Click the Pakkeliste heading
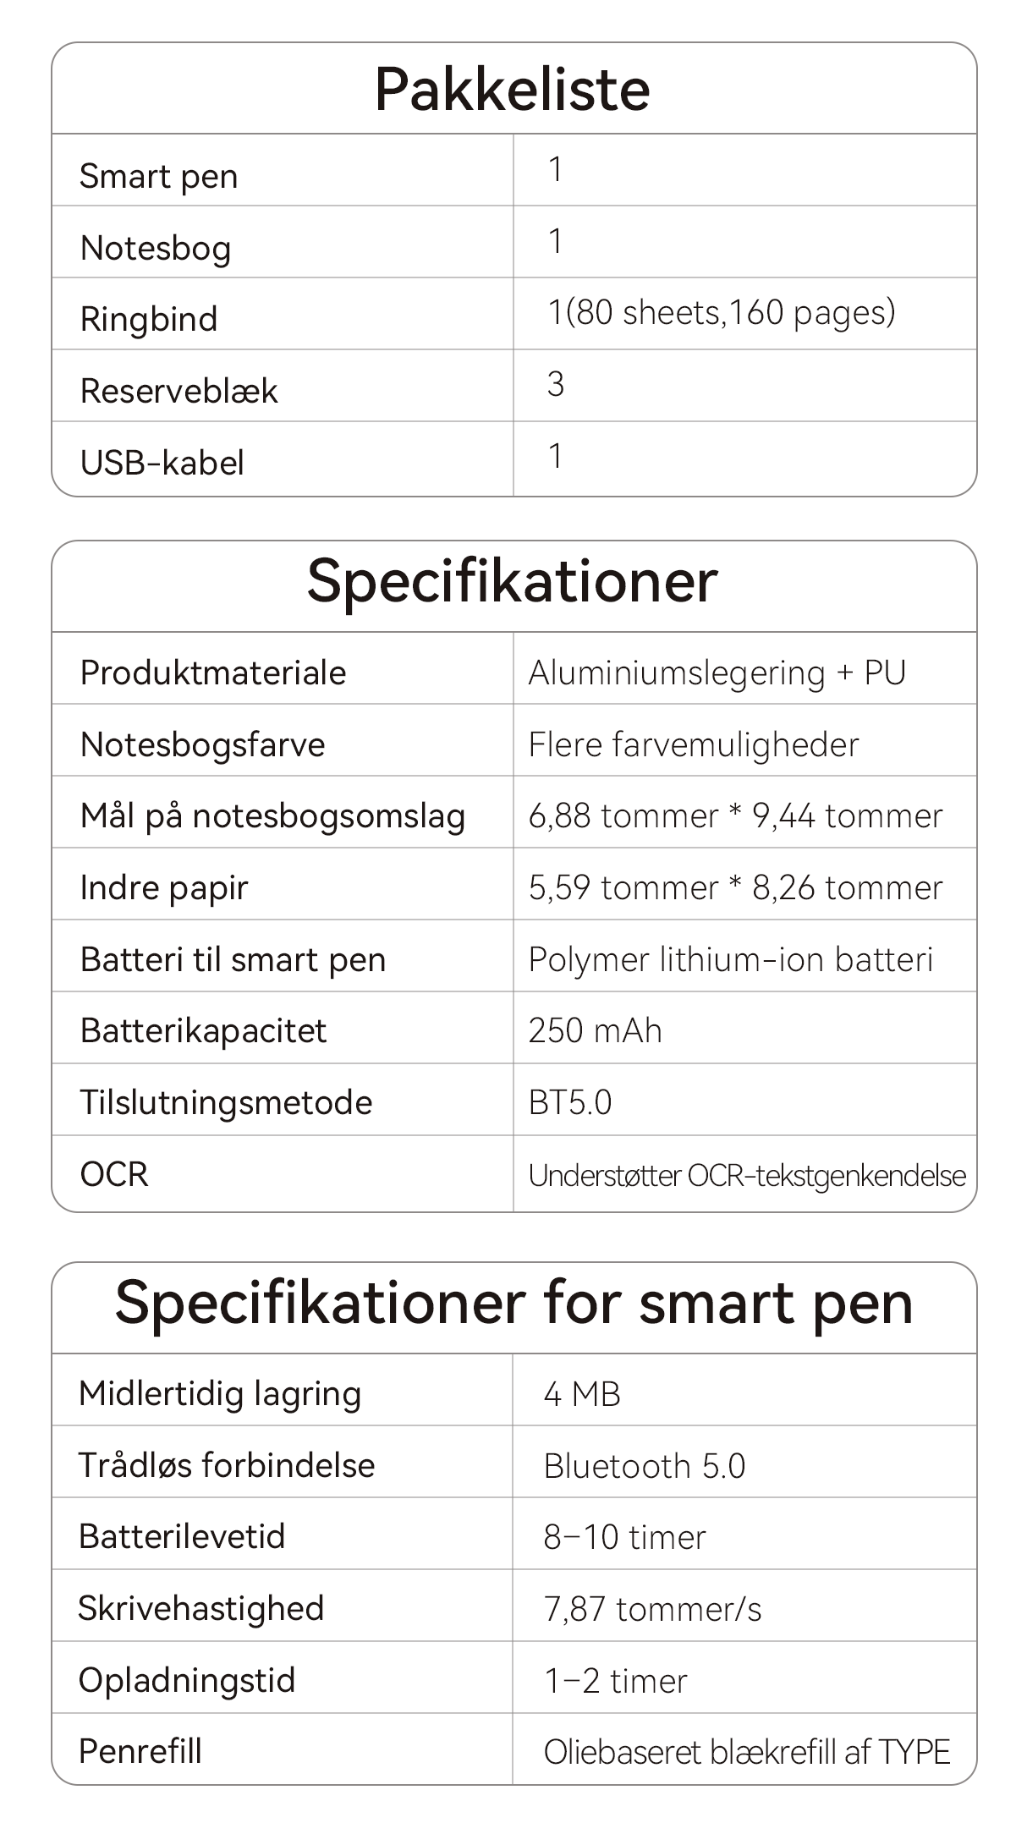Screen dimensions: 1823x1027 (x=513, y=89)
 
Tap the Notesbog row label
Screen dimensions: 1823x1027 (x=156, y=248)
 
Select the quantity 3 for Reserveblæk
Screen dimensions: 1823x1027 (x=556, y=385)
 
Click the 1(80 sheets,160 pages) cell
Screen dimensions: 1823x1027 (x=722, y=313)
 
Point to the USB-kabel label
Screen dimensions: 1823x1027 (x=162, y=463)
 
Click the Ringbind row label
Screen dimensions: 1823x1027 (x=149, y=320)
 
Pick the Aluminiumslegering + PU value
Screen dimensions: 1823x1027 (x=717, y=673)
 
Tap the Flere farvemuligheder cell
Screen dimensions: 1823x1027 (x=693, y=745)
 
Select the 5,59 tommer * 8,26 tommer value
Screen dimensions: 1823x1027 (x=735, y=888)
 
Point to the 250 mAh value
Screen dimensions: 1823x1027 (x=595, y=1031)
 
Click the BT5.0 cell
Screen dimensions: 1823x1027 (x=569, y=1103)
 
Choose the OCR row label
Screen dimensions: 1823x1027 (x=114, y=1174)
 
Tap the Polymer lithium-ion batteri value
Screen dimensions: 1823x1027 (x=730, y=960)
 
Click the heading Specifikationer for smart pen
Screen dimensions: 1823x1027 (x=513, y=1304)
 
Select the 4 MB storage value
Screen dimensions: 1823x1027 (x=582, y=1394)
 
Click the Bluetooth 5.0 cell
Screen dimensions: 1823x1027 (x=644, y=1466)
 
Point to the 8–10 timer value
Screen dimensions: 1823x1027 (x=624, y=1537)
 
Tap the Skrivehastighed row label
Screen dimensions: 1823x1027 (x=201, y=1608)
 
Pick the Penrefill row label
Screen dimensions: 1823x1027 (x=140, y=1751)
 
